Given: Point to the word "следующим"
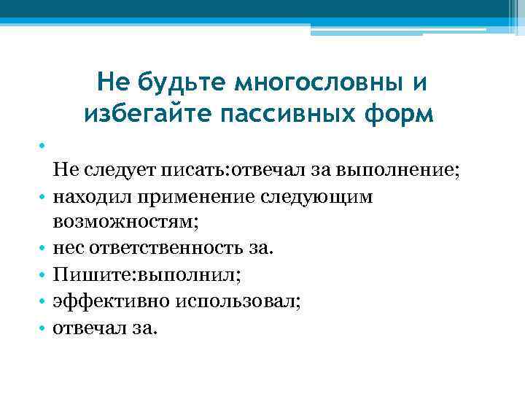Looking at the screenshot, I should [x=322, y=197].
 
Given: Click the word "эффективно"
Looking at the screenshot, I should [x=98, y=301].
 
